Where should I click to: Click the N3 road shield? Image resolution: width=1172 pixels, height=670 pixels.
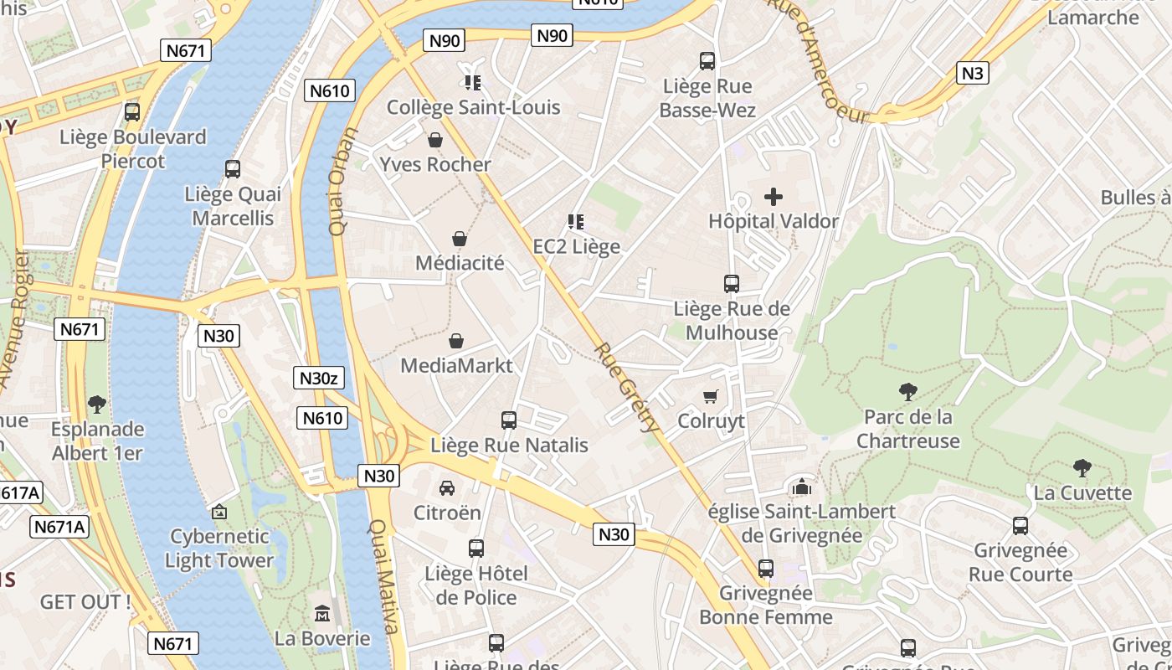(x=972, y=73)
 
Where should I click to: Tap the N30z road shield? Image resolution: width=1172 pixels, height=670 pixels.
(x=318, y=378)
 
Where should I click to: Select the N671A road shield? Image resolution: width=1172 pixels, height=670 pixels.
(x=59, y=527)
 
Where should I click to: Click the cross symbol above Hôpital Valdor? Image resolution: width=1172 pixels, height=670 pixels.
(x=774, y=198)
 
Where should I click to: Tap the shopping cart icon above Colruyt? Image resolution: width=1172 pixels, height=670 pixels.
(x=711, y=396)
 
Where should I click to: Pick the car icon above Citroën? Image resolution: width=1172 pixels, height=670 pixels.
(x=447, y=488)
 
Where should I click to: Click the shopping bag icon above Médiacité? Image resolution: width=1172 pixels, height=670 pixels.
(x=460, y=240)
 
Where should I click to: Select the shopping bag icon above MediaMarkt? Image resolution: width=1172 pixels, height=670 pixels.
(x=456, y=341)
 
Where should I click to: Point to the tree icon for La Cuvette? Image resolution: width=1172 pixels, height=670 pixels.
(x=1082, y=468)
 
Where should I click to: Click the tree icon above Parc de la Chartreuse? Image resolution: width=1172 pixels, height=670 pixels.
(x=908, y=391)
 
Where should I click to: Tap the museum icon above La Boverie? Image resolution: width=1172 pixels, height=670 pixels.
(x=322, y=614)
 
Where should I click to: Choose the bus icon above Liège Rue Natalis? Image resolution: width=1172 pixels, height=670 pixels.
(x=509, y=420)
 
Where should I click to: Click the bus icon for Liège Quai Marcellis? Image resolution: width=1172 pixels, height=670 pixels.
(x=233, y=169)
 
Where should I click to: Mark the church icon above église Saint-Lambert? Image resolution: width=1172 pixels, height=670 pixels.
(x=802, y=486)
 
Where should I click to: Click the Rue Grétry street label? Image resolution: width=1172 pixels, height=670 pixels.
(x=626, y=387)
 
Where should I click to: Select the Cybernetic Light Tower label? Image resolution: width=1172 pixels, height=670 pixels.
(x=219, y=549)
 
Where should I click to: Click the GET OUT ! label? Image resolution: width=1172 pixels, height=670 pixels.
(x=85, y=601)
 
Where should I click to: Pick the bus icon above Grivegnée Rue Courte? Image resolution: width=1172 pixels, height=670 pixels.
(x=1020, y=526)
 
